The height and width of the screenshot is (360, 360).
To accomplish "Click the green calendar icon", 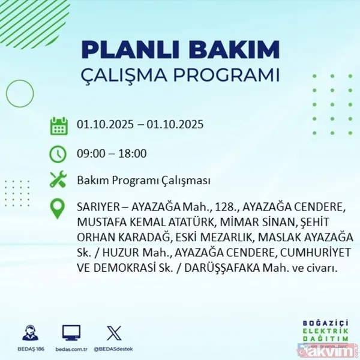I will (x=58, y=126).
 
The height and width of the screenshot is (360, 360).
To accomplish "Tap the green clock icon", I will (x=58, y=154).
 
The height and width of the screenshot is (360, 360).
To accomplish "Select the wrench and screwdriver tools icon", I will (x=58, y=180).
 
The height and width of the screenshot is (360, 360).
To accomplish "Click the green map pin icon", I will (x=58, y=209).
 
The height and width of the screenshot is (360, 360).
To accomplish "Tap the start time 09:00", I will (x=90, y=154).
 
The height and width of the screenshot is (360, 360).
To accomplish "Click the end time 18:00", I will (x=133, y=154).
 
